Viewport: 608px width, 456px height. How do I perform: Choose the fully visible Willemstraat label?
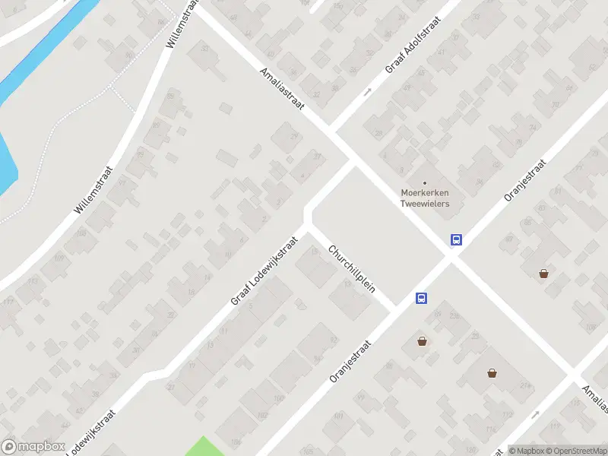(94, 190)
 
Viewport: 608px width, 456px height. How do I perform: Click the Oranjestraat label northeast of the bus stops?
(525, 180)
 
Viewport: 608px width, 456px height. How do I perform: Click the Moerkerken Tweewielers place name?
(425, 198)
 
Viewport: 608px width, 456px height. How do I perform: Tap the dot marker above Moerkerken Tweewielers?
(425, 182)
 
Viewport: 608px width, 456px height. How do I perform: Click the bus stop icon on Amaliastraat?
(456, 239)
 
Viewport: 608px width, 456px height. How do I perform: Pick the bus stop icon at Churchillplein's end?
(421, 299)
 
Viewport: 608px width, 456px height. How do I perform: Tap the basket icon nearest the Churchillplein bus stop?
(422, 342)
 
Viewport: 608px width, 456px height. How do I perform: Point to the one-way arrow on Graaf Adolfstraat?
(367, 92)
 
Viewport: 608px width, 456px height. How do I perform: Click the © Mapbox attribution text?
(526, 451)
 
